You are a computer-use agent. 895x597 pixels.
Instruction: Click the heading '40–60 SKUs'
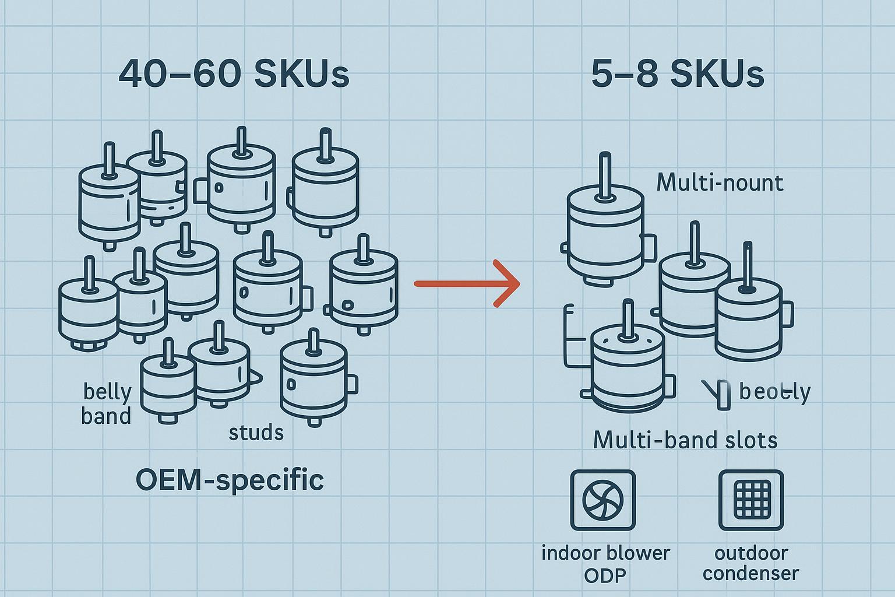[234, 75]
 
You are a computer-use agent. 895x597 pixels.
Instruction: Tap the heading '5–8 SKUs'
[677, 75]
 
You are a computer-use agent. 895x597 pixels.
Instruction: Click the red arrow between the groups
[466, 283]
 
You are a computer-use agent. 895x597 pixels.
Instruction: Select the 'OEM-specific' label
[230, 480]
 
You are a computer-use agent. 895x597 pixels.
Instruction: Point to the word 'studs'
[256, 432]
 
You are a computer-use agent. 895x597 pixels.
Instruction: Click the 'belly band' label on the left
[106, 403]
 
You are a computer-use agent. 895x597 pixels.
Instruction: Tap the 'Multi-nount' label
[720, 183]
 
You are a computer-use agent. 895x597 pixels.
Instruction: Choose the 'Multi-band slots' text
[685, 440]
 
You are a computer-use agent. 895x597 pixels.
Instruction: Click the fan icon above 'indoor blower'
[602, 500]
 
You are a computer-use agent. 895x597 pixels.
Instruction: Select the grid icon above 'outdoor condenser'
[750, 500]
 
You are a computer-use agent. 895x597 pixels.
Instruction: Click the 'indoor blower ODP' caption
[605, 563]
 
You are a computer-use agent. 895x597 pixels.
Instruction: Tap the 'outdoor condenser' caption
[750, 563]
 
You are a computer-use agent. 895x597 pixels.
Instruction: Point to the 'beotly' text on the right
[774, 392]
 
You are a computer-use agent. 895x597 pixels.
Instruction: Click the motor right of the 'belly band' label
[167, 388]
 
